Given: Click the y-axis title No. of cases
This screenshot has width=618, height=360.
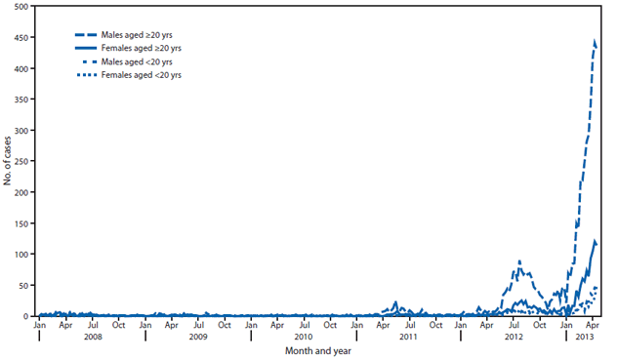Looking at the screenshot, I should coord(8,161).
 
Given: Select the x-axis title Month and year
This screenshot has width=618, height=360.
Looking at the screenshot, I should coord(318,351).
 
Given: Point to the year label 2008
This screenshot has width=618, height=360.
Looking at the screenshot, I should coord(93,337).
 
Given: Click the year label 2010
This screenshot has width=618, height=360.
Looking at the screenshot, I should coord(304,337).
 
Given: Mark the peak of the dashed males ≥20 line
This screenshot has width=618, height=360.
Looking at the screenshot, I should coord(595,40).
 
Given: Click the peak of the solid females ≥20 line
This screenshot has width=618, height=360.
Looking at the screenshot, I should coord(595,240).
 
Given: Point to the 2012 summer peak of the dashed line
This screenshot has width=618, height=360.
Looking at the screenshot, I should coord(519,261).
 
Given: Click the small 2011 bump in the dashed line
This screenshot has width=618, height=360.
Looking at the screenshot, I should coord(395,302).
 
